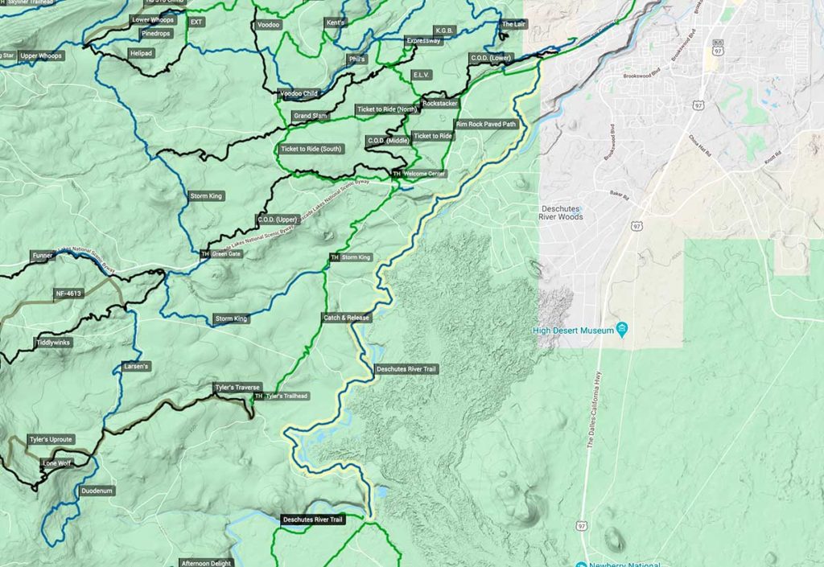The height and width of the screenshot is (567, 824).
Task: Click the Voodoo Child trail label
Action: [299, 94]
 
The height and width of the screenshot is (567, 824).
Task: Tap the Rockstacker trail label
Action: [439, 104]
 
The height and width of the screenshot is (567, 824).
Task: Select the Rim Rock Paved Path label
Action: [485, 125]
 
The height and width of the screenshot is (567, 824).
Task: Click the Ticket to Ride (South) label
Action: [311, 150]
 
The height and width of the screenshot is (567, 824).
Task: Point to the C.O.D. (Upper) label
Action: [278, 220]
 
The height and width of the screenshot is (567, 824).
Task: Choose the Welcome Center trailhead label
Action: [418, 174]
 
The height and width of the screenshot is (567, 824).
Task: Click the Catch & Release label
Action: [345, 318]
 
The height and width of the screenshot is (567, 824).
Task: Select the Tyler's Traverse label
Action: [237, 388]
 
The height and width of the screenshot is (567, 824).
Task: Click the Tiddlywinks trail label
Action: [53, 343]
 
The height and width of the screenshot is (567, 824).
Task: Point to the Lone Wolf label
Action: [56, 463]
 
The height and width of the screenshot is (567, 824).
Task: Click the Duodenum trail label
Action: [97, 491]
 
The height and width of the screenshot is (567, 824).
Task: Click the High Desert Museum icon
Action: [622, 330]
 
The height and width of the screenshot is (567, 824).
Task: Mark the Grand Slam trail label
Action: [310, 117]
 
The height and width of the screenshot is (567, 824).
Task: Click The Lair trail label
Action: [513, 25]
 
